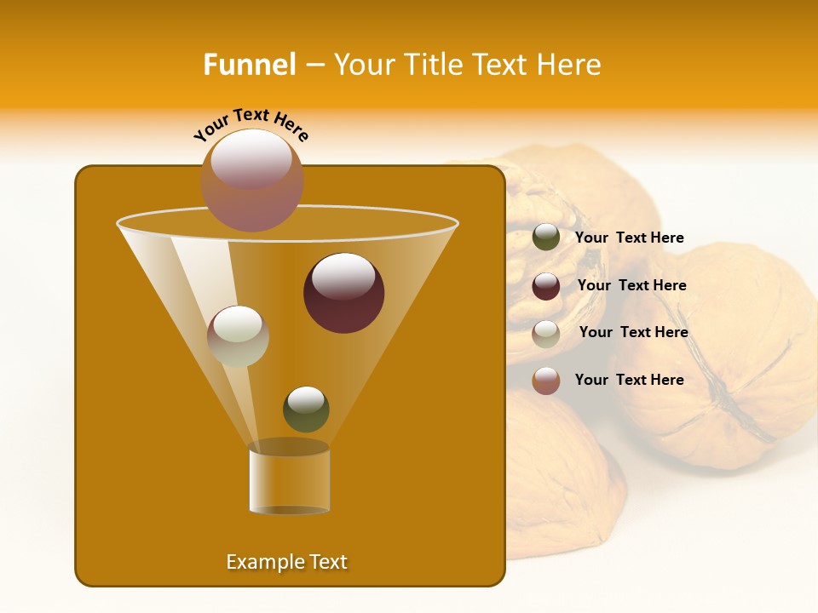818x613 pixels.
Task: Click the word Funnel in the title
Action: point(249,65)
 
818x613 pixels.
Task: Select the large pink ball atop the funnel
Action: point(251,179)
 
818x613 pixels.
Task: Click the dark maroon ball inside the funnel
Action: point(343,293)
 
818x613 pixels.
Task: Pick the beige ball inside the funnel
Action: point(238,335)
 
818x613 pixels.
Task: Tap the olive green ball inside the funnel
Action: point(306,409)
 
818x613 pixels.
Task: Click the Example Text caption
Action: point(286,562)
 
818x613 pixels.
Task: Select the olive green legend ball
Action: point(546,238)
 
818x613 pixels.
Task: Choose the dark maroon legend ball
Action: point(546,285)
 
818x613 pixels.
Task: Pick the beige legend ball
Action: point(546,333)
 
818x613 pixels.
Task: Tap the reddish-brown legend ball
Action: point(546,381)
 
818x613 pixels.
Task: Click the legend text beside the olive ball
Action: point(629,238)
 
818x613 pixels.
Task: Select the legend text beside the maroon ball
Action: point(631,286)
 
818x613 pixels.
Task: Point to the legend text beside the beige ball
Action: point(633,333)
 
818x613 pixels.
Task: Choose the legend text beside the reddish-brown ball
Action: point(629,380)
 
